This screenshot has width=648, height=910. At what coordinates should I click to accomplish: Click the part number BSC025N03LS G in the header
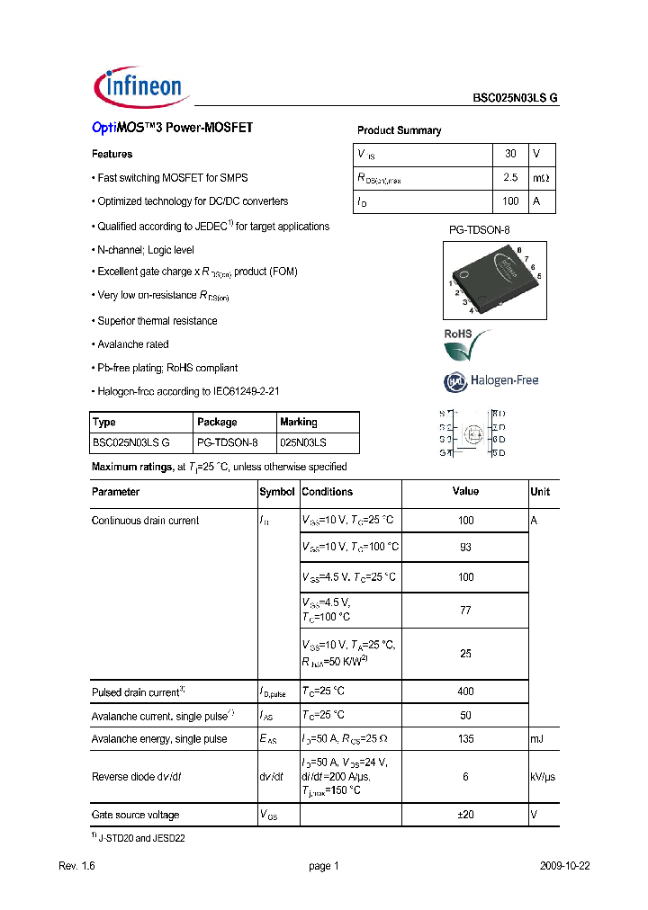[516, 99]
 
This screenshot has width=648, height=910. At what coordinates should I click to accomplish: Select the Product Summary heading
[399, 131]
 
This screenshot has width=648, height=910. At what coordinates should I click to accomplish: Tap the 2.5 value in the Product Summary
[510, 179]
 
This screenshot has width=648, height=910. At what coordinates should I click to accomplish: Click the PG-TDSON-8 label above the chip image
[479, 230]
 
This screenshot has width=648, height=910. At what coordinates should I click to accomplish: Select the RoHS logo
[467, 343]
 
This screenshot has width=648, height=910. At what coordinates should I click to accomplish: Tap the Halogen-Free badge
[490, 380]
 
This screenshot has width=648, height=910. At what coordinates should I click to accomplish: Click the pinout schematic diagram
[472, 433]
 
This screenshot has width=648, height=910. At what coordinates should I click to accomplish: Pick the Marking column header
[299, 422]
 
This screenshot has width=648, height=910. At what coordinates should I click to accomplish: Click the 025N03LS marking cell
[303, 442]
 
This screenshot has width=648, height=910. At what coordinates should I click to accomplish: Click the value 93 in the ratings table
[465, 547]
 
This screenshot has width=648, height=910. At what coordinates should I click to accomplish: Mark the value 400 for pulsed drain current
[465, 692]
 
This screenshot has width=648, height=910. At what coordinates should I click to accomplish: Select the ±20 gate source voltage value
[465, 815]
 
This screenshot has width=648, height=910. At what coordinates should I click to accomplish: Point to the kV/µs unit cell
[543, 777]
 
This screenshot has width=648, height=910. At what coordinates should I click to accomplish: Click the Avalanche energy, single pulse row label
[159, 739]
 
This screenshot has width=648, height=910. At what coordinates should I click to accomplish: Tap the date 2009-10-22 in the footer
[564, 866]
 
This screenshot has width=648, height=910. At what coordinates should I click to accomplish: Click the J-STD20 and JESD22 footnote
[138, 838]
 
